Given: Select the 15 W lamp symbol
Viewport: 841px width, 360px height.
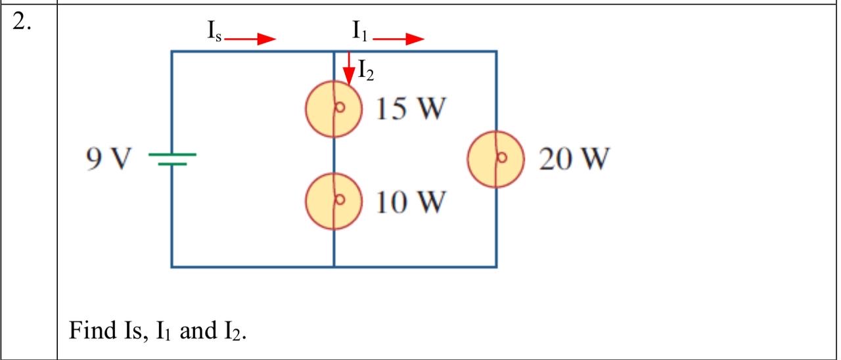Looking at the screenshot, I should (x=334, y=109).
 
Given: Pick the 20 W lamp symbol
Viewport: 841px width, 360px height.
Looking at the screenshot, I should (x=496, y=158).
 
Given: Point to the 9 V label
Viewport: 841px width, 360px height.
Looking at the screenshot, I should (x=108, y=158).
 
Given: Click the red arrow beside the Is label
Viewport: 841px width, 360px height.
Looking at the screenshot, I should (x=250, y=39).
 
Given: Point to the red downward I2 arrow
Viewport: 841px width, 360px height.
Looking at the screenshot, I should (x=349, y=68).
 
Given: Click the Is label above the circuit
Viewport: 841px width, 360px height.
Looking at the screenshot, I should (x=213, y=31).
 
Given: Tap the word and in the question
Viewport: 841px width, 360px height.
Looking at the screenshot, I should (x=194, y=330).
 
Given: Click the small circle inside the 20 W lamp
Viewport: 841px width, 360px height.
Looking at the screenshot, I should (x=503, y=158).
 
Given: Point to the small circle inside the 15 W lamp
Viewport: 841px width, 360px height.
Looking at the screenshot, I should (x=341, y=109).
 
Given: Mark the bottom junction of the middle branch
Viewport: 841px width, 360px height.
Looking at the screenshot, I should (x=334, y=267).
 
